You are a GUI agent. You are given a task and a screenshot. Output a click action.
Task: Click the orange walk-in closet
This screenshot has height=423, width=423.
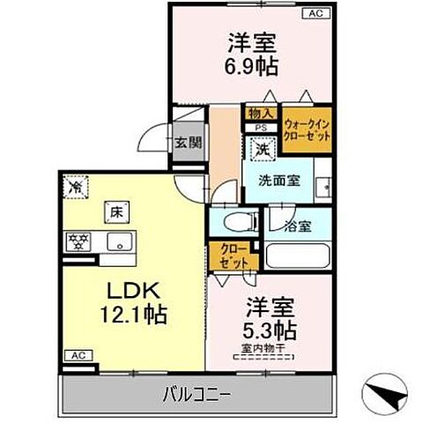307,130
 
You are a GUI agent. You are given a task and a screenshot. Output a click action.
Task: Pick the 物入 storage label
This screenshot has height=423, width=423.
260,113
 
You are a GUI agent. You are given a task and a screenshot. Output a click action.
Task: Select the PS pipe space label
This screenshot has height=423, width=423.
261,128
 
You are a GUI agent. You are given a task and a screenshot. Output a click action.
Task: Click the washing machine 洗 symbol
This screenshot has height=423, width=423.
262,151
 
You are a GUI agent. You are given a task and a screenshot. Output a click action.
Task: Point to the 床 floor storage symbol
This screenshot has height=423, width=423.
115,211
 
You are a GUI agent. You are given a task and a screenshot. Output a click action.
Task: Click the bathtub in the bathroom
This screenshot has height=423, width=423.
296,256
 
